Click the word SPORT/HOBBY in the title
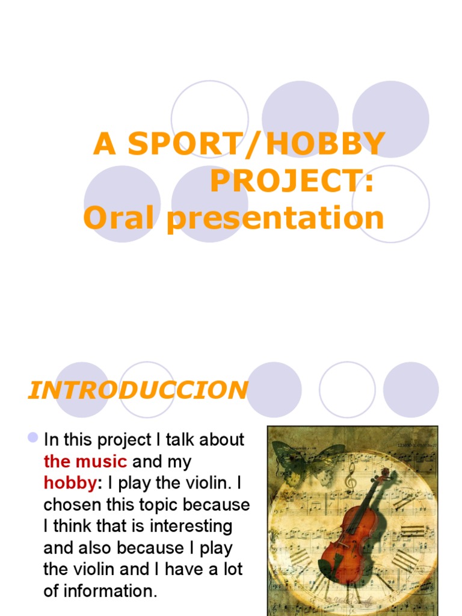[256, 144]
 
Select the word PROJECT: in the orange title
[292, 181]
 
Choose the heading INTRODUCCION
[138, 390]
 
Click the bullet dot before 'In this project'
[34, 437]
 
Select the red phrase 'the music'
[85, 461]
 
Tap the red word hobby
[70, 483]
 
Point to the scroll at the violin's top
[385, 475]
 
